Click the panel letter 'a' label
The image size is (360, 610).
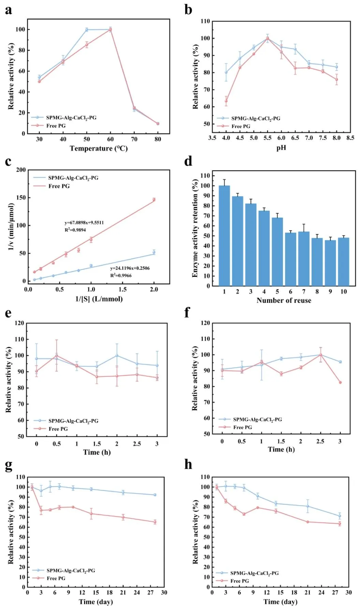9,10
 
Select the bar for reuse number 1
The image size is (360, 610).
224,235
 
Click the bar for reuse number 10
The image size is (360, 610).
344,262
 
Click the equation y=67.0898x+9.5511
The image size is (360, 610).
84,223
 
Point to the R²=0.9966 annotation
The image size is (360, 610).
121,275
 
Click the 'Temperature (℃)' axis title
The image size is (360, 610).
99,148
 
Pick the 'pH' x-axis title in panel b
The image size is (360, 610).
281,148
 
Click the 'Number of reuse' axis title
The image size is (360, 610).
284,301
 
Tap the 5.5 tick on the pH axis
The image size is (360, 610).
267,138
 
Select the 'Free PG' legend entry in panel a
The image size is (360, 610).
56,126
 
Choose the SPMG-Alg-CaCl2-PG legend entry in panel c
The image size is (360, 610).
73,178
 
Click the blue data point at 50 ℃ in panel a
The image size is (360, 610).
87,30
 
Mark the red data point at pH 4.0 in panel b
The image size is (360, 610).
226,101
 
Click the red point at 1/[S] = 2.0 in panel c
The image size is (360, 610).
154,200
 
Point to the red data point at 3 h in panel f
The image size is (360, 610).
340,382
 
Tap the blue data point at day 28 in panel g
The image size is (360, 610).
155,495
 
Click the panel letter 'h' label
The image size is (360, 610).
188,465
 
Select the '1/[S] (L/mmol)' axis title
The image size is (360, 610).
99,299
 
